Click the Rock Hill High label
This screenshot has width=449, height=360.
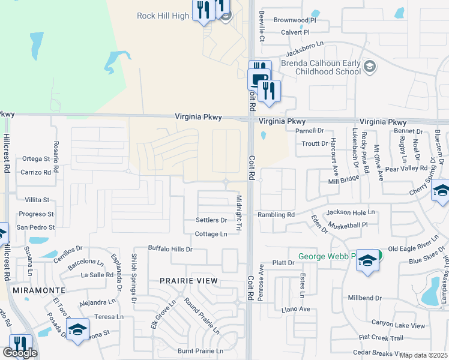[x=164, y=16]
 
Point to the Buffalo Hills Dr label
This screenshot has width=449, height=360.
[x=170, y=248]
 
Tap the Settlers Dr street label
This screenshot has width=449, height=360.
[x=211, y=220]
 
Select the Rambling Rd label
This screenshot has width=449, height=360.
[x=276, y=215]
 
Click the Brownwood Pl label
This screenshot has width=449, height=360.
[x=294, y=20]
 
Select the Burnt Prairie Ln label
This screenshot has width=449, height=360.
[x=200, y=351]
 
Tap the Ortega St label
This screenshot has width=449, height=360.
[x=35, y=158]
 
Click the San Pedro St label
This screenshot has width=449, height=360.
[x=35, y=227]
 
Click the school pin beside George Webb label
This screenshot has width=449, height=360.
[x=368, y=262]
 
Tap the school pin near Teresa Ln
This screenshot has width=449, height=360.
[x=77, y=330]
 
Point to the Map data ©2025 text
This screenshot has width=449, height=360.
[x=424, y=355]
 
